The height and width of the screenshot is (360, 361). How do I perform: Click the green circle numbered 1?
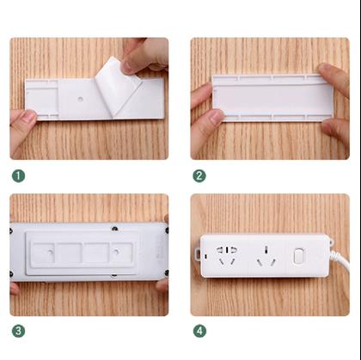click(18, 176)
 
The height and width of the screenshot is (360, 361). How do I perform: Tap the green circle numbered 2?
click(199, 176)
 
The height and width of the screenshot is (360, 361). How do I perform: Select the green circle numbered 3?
click(18, 331)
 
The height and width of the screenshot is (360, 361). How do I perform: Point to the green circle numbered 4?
click(199, 331)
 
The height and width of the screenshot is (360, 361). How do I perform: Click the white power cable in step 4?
click(341, 259)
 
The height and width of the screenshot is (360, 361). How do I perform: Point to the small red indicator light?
click(205, 255)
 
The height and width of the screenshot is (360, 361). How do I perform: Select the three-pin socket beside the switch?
click(266, 256)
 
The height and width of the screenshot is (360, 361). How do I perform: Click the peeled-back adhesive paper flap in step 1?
click(118, 86)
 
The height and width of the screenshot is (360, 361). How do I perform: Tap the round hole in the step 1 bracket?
click(80, 100)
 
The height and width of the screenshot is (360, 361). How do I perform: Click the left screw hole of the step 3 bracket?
click(51, 252)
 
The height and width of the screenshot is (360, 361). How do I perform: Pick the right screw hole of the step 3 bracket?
click(116, 252)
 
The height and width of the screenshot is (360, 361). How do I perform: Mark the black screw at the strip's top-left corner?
click(11, 230)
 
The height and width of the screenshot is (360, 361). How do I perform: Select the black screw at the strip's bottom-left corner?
click(11, 274)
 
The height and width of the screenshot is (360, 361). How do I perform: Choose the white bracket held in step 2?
click(273, 98)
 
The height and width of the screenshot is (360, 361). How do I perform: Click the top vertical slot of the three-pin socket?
click(266, 248)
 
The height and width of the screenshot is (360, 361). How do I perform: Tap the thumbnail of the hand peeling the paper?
click(126, 68)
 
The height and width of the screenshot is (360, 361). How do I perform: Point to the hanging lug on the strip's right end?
click(332, 242)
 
